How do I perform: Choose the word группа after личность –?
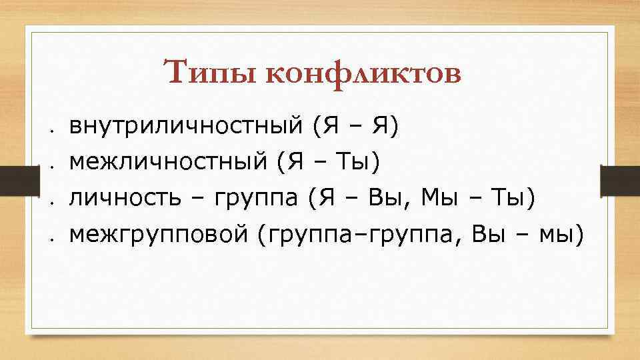click(x=257, y=197)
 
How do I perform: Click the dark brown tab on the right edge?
click(x=621, y=180)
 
